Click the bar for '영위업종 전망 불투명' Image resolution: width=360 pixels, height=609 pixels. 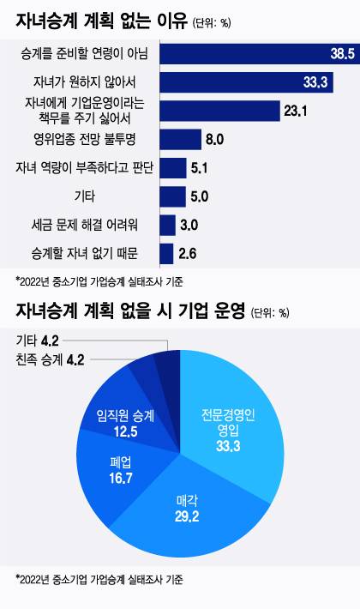pyautogui.click(x=179, y=139)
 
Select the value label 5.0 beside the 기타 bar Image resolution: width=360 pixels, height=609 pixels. pyautogui.click(x=200, y=196)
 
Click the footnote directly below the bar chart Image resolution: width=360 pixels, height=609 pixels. pyautogui.click(x=99, y=280)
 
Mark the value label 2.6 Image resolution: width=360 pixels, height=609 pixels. pyautogui.click(x=189, y=253)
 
